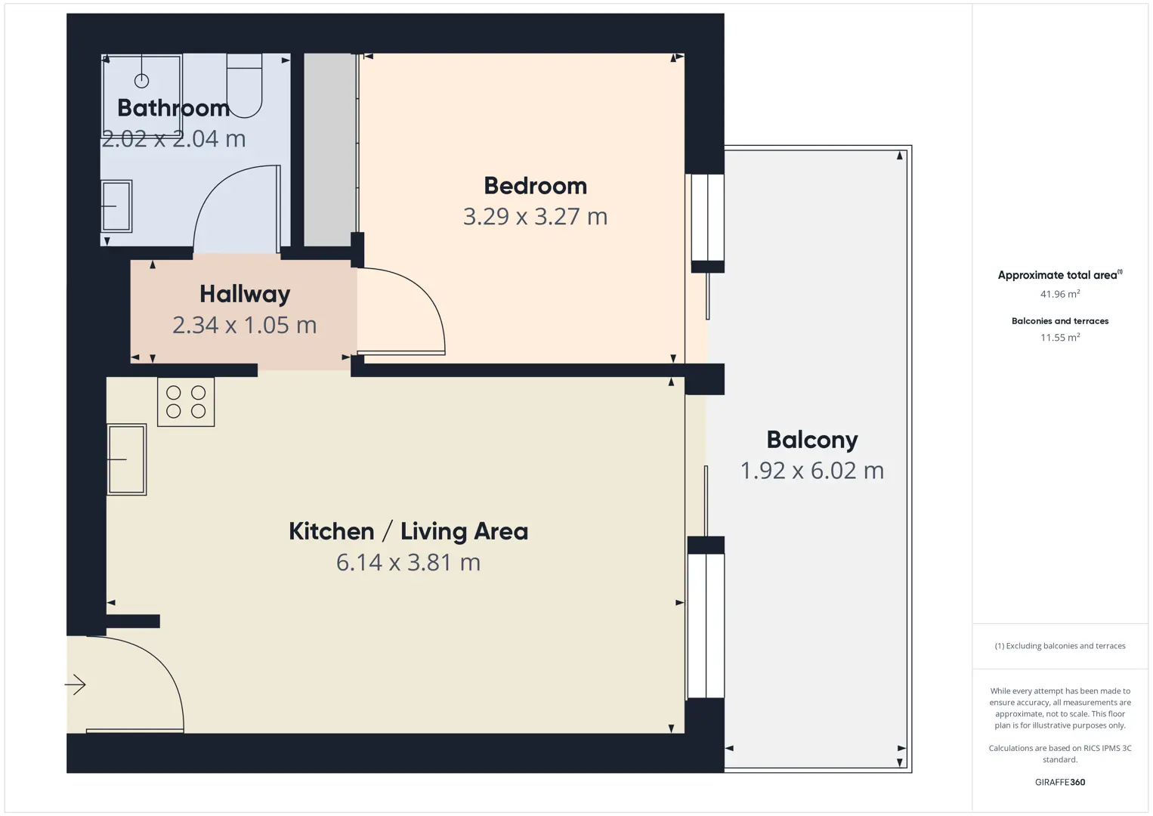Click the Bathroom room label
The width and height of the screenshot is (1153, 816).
click(174, 108)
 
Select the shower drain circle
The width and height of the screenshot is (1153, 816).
click(141, 81)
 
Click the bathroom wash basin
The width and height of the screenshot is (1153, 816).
click(117, 206)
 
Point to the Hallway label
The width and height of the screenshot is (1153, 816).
click(245, 295)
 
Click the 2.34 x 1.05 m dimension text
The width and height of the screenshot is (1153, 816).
click(245, 326)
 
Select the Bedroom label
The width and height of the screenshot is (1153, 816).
click(535, 186)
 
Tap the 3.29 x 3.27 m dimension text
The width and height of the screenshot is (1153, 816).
click(535, 217)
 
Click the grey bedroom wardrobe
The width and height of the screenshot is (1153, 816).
click(329, 150)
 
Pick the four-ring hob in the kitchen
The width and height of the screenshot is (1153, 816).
click(186, 402)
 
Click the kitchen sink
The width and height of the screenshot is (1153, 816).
click(127, 459)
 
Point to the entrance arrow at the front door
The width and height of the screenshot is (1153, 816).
click(75, 685)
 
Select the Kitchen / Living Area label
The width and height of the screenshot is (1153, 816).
click(408, 531)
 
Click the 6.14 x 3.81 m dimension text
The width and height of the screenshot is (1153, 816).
click(408, 562)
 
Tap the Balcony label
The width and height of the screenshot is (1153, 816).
click(812, 440)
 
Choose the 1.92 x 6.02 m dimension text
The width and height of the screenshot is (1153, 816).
click(812, 471)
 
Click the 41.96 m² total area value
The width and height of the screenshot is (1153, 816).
click(1060, 294)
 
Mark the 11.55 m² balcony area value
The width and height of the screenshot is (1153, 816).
click(1060, 337)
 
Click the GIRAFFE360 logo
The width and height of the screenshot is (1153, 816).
click(1060, 782)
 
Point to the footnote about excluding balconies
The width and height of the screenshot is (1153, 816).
click(1060, 646)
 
